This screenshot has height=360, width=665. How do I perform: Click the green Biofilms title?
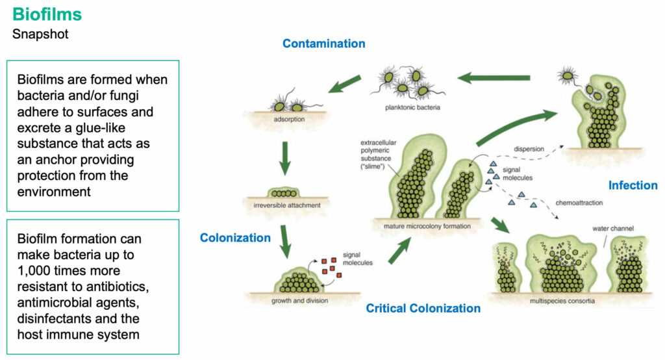click(x=47, y=14)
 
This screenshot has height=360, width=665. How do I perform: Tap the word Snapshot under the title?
click(x=40, y=34)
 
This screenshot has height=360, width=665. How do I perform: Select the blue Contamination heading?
click(x=324, y=44)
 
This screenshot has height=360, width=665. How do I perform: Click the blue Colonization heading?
click(x=235, y=238)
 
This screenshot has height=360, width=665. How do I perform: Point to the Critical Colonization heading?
click(x=423, y=308)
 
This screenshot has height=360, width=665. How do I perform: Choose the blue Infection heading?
click(x=633, y=185)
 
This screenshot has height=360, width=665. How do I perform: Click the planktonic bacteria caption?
click(x=412, y=107)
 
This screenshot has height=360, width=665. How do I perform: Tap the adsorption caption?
click(x=289, y=120)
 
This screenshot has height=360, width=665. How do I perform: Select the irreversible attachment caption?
click(x=287, y=205)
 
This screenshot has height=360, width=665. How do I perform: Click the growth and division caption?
click(x=300, y=301)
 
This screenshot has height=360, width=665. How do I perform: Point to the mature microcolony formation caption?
click(x=427, y=226)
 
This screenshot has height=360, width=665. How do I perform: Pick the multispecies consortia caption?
click(x=562, y=301)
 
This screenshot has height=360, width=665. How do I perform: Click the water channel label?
click(x=613, y=228)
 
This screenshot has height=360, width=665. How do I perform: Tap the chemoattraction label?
click(x=579, y=203)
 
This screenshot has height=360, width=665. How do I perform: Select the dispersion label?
click(x=529, y=149)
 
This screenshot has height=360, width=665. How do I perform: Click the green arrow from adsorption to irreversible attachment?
click(x=285, y=159)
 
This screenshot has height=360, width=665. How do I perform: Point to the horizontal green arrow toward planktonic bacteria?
click(x=494, y=78)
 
